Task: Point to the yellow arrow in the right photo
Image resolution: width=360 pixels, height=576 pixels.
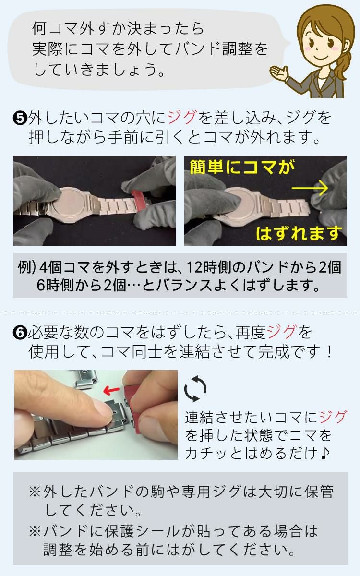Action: coord(310,188)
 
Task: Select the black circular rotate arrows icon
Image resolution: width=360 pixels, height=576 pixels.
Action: coord(196,388)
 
